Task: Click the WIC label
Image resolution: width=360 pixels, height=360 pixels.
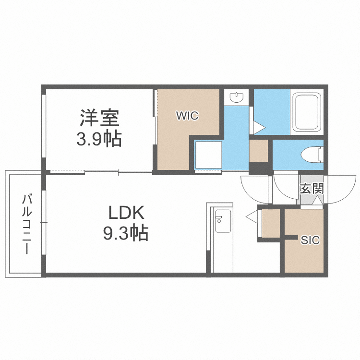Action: [x=187, y=116]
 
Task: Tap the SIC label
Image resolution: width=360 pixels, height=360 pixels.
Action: [x=310, y=240]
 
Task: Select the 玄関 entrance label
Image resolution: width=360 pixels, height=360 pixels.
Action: [x=312, y=188]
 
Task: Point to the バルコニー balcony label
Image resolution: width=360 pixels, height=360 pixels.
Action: [x=27, y=224]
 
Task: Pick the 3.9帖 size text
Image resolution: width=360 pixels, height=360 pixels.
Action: [x=99, y=139]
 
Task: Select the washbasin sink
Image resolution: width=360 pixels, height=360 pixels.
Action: [x=236, y=97]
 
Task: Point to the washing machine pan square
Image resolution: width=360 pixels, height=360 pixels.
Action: [x=208, y=155]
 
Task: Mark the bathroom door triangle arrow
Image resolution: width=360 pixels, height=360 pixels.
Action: [x=259, y=128]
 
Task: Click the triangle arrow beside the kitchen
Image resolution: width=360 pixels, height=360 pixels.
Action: [x=252, y=217]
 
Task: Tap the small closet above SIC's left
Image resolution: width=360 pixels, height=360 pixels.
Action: [x=270, y=222]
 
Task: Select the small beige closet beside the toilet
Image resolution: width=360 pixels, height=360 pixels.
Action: [x=258, y=151]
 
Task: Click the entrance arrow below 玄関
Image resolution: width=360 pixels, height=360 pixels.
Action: [x=317, y=200]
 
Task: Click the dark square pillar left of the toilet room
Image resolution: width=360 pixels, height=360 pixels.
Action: [x=260, y=169]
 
